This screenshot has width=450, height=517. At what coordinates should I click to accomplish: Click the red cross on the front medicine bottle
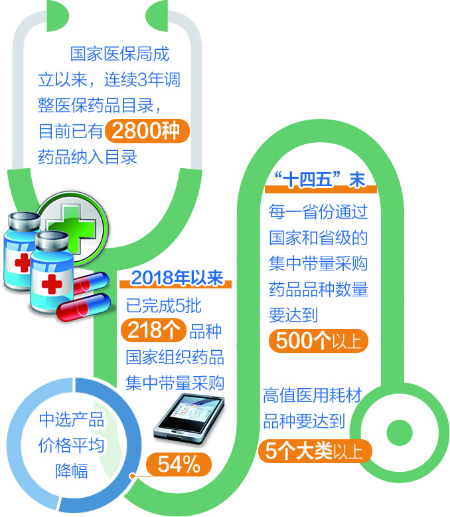coord(52,285)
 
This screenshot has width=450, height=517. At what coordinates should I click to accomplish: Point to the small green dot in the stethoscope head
coord(398,427)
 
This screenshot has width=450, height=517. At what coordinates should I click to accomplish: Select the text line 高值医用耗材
coord(312,397)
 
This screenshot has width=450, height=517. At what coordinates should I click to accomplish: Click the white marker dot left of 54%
coord(133,476)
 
